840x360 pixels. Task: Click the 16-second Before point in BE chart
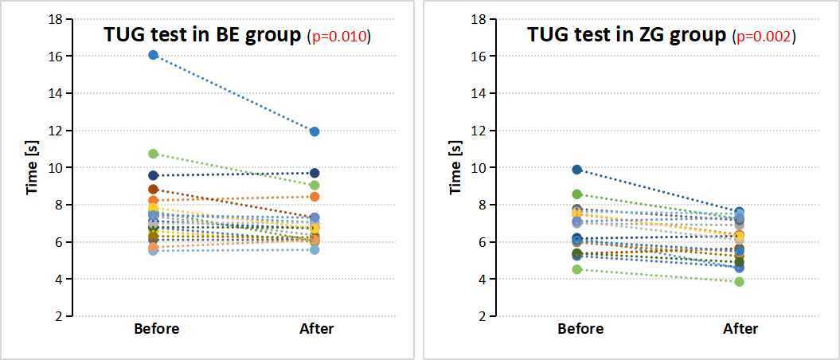click(154, 55)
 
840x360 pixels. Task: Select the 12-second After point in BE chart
click(315, 131)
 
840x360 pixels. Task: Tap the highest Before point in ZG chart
click(577, 170)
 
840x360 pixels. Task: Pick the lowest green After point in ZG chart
click(739, 281)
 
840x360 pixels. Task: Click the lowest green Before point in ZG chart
click(577, 269)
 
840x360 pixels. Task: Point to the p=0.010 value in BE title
click(339, 37)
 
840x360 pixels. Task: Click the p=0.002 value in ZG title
click(764, 37)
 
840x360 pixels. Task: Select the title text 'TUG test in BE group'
click(202, 36)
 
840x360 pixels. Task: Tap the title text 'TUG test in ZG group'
click(627, 36)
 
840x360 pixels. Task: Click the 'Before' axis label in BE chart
click(157, 329)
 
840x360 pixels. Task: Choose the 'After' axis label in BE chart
click(317, 329)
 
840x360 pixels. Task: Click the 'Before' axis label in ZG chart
click(580, 329)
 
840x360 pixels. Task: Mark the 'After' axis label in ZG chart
click(740, 329)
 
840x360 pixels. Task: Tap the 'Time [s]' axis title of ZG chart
click(456, 167)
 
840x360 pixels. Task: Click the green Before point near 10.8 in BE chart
click(154, 154)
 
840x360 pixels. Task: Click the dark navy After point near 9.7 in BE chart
click(315, 173)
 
